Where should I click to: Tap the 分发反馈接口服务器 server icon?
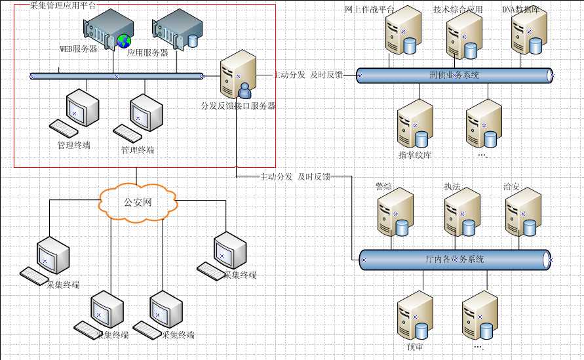point(237,75)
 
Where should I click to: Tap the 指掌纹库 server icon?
point(415,125)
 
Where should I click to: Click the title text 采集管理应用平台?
point(63,5)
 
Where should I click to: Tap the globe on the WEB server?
point(124,41)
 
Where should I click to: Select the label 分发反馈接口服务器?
point(238,106)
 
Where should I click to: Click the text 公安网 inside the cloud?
point(138,202)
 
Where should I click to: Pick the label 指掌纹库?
point(415,155)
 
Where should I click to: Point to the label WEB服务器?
point(79,49)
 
